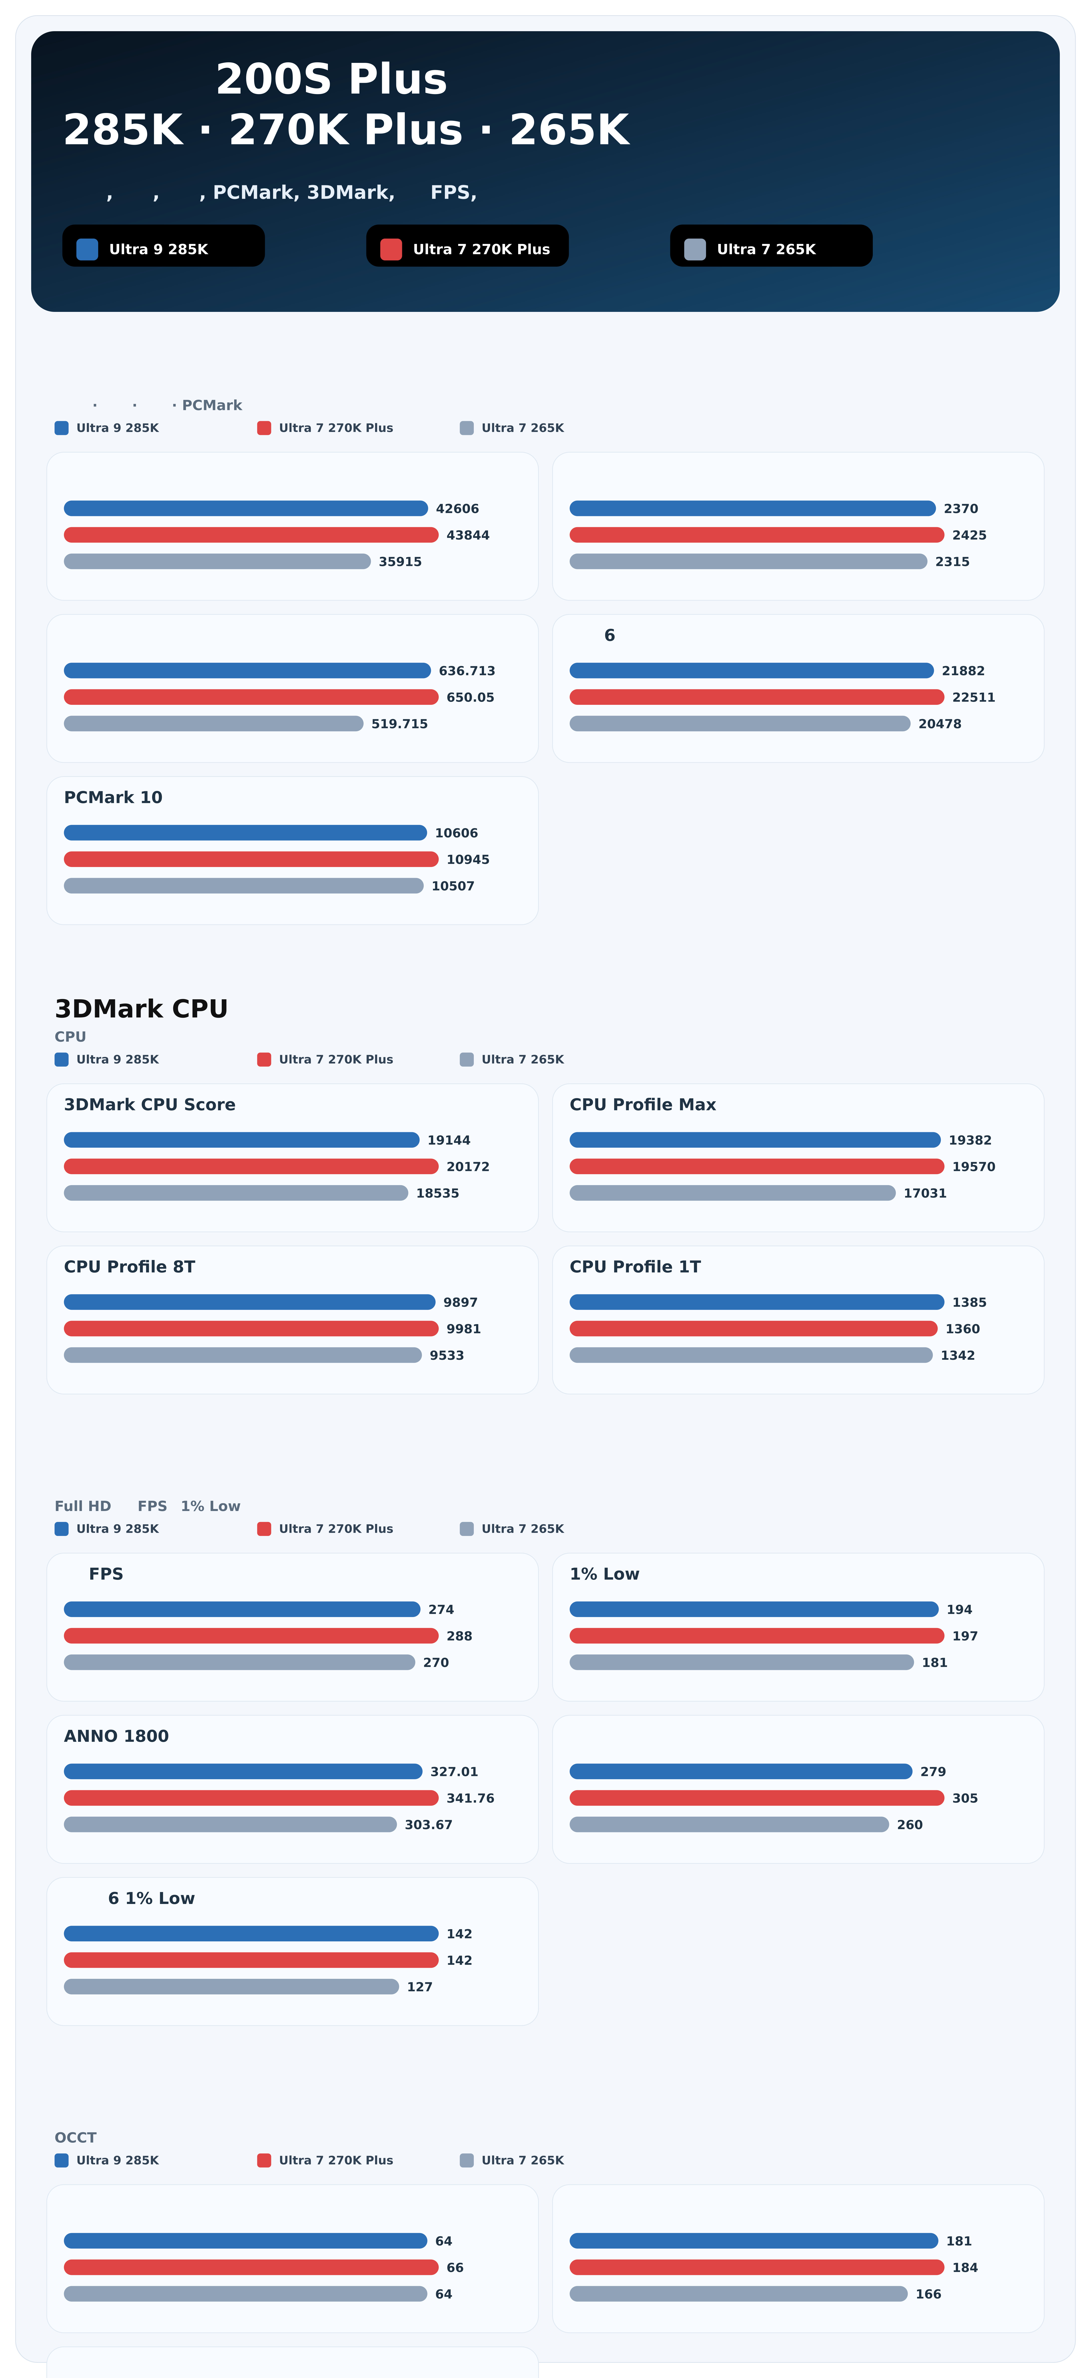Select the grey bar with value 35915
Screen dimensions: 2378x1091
click(217, 561)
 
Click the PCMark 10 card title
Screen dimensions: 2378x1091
click(113, 798)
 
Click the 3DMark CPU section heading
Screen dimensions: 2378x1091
click(141, 1009)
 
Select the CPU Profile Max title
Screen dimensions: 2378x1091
click(642, 1105)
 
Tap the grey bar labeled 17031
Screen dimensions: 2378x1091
click(732, 1194)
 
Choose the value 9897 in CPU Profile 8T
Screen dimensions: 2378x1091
click(460, 1303)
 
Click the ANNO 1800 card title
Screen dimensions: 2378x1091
click(116, 1737)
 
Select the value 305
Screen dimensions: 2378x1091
click(965, 1798)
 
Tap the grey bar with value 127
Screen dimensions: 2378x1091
click(231, 1987)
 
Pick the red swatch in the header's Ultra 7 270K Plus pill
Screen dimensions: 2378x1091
click(391, 249)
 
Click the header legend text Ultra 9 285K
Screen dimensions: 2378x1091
click(158, 249)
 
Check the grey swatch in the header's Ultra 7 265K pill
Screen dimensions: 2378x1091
click(695, 249)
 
